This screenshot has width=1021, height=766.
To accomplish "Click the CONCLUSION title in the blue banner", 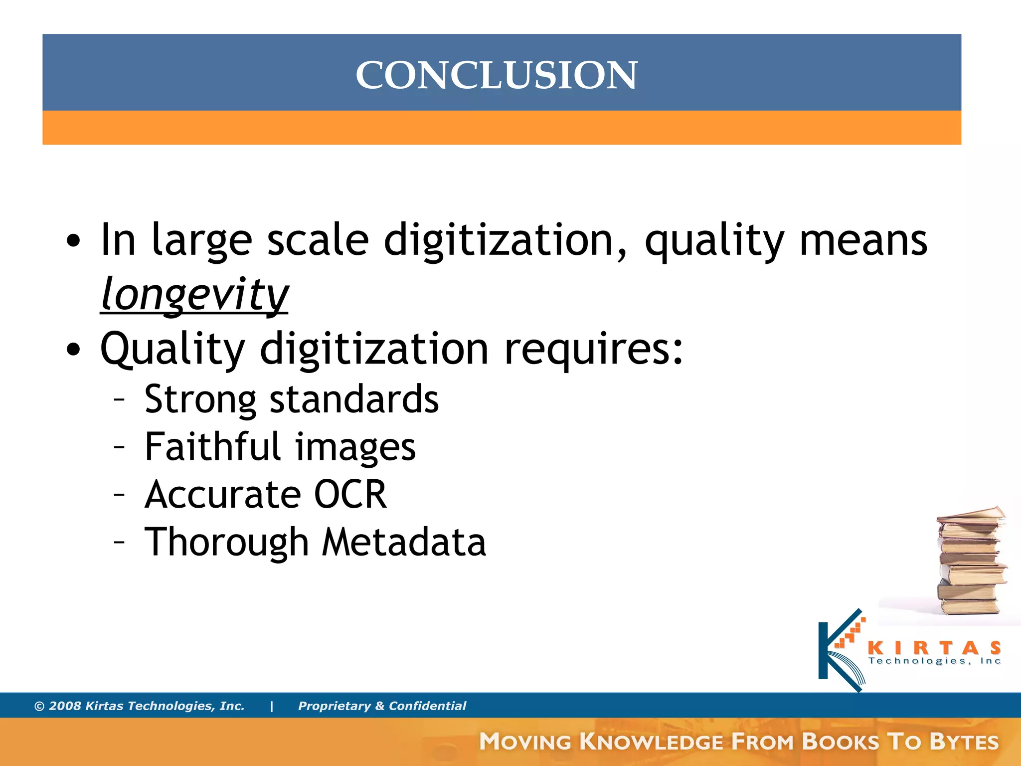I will click(496, 75).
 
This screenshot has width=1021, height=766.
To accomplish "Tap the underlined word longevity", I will click(194, 294).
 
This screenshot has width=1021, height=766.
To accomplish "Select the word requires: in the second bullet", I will click(593, 349).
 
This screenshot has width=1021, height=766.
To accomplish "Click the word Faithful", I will click(213, 447).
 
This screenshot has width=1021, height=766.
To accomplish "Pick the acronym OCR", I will click(350, 494).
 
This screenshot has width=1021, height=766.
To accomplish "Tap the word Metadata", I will click(404, 542).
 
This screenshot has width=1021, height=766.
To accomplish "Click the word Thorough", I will click(227, 543).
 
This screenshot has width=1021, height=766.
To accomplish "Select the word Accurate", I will click(223, 494).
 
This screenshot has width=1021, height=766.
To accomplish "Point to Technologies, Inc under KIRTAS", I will click(935, 661).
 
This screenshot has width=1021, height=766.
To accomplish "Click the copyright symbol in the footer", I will click(39, 706).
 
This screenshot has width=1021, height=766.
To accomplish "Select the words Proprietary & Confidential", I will click(382, 706).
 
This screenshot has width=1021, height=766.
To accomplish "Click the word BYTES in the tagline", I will click(964, 742).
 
